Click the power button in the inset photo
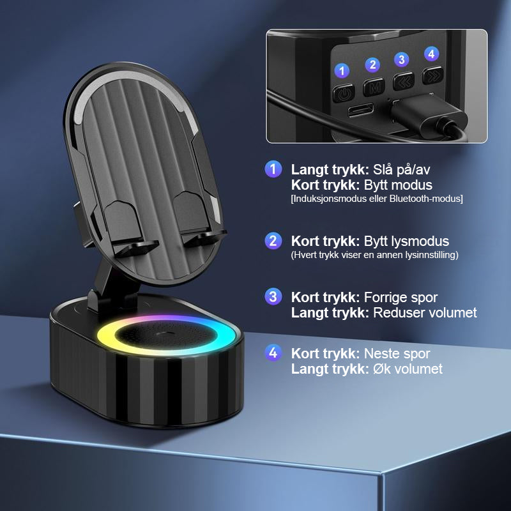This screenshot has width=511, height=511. (x=344, y=93)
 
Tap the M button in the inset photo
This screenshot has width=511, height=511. (x=374, y=87)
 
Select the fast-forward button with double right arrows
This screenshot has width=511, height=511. (x=433, y=75)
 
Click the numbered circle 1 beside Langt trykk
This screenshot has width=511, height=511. (x=273, y=169)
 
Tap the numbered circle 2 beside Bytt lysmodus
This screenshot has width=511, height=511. (x=273, y=241)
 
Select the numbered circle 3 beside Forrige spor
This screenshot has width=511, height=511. (x=273, y=296)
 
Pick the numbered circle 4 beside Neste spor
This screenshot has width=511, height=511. (x=273, y=353)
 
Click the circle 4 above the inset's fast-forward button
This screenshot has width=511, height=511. (x=432, y=54)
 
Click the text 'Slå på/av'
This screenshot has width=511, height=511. (x=402, y=170)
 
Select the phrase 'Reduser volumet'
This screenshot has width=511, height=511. (x=425, y=312)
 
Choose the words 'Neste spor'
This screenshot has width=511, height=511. (x=397, y=353)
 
